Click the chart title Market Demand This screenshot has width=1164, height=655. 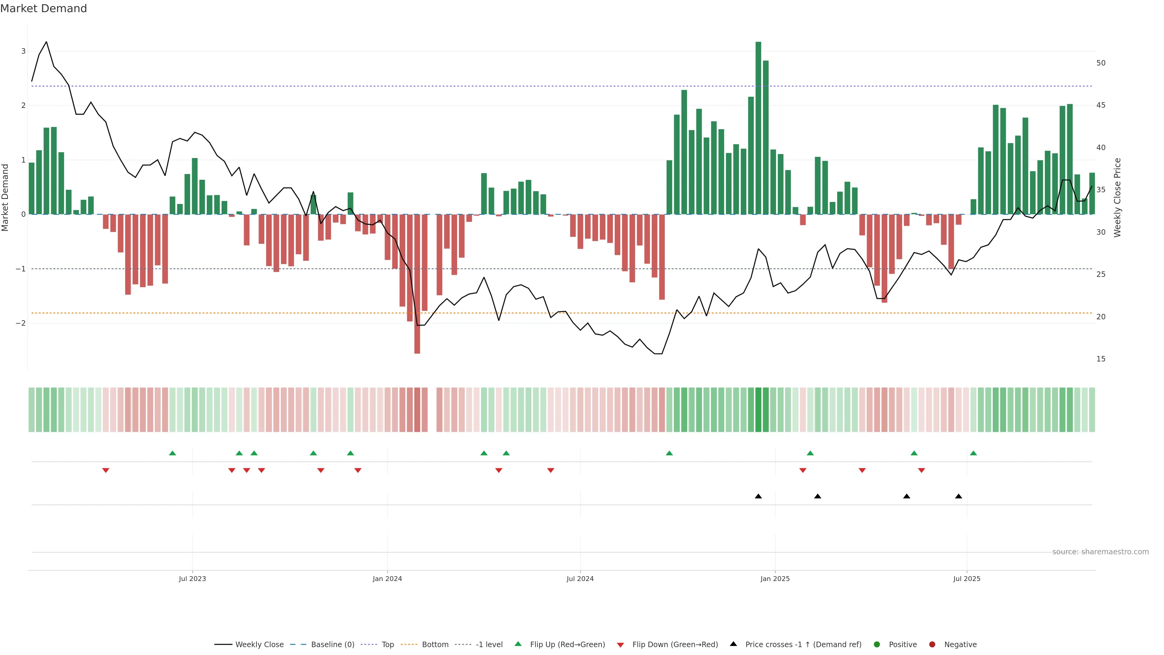43,8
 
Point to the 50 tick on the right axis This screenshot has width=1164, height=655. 1101,63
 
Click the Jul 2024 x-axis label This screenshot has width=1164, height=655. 580,579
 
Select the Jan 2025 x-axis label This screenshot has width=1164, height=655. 775,579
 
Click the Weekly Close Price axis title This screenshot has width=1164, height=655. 1117,197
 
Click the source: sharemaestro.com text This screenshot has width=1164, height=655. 1100,552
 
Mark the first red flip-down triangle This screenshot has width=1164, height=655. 106,471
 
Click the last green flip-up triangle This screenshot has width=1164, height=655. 973,453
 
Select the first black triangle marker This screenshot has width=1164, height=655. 758,496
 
